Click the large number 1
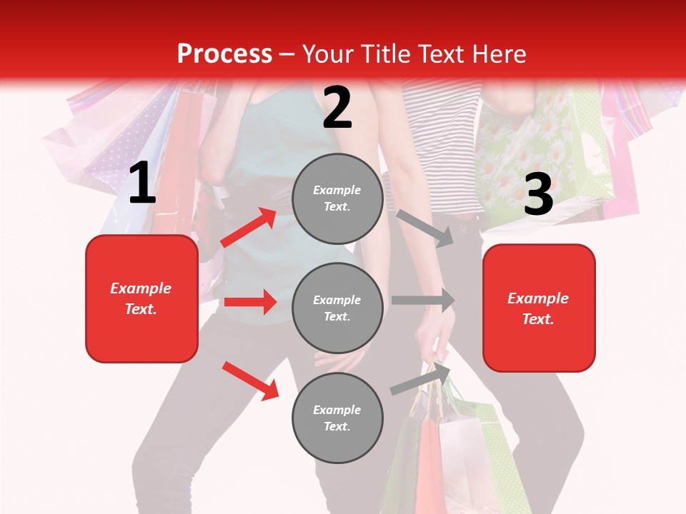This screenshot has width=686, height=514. [x=142, y=183]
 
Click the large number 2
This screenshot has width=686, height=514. [x=337, y=108]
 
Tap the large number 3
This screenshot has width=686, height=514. [x=539, y=194]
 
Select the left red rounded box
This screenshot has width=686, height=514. [x=141, y=298]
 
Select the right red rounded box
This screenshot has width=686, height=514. [x=539, y=308]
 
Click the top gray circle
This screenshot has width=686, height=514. [x=337, y=198]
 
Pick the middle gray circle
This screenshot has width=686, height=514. [x=337, y=308]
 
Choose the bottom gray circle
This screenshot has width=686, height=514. [x=337, y=418]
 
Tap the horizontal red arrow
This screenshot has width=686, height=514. [x=250, y=302]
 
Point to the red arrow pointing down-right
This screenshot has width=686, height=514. [x=250, y=381]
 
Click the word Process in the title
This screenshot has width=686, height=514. [x=224, y=54]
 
